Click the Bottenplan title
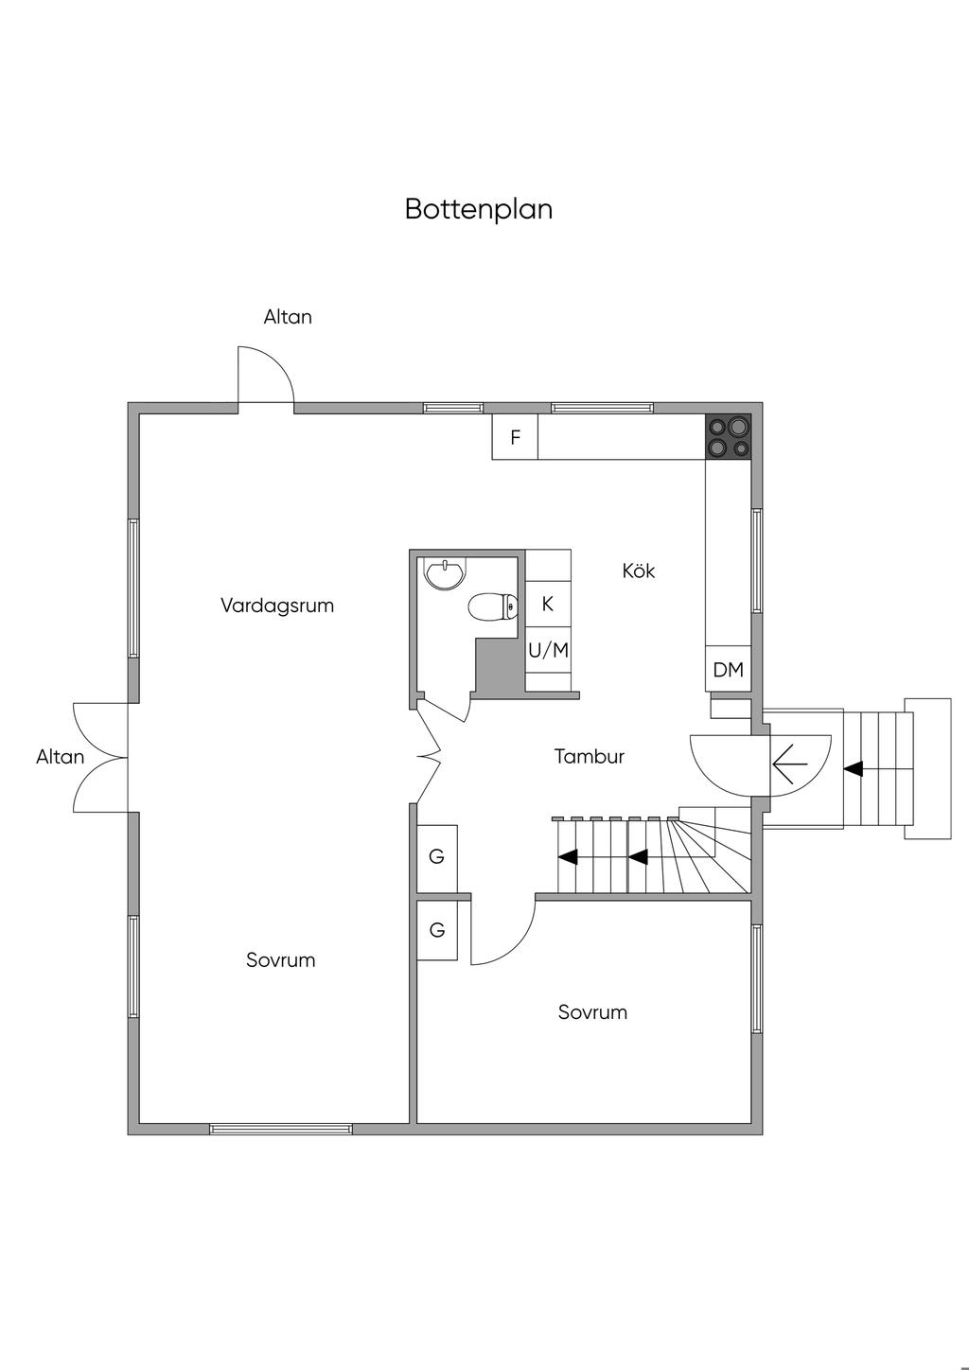click(x=478, y=209)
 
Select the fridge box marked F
click(x=515, y=438)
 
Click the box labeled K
click(x=547, y=604)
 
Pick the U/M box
click(x=548, y=650)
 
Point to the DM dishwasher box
click(x=728, y=670)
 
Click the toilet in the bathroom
click(x=493, y=606)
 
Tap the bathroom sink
click(x=445, y=574)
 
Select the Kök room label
click(x=639, y=571)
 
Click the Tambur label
click(x=589, y=757)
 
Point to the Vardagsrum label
click(x=277, y=606)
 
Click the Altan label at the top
click(x=288, y=317)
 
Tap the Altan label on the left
click(x=61, y=757)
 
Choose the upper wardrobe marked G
click(x=436, y=857)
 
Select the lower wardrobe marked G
click(x=437, y=930)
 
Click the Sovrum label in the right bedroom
click(x=592, y=1012)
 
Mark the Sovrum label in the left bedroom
click(x=280, y=960)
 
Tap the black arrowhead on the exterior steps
click(x=854, y=769)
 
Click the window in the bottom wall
click(x=281, y=1128)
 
